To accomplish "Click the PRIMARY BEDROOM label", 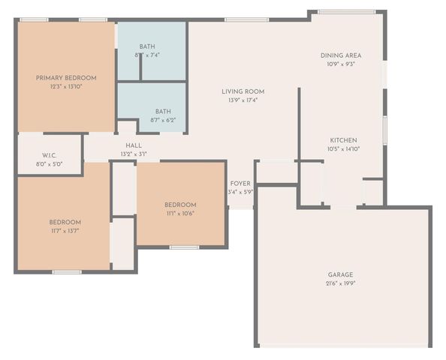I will [66, 78].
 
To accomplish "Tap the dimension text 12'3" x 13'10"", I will [66, 87].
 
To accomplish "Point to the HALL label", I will [134, 145].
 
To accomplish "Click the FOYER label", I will [240, 183].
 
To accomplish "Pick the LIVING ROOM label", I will [243, 91].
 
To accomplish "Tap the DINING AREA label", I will [342, 55].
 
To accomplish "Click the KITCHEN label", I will [343, 140].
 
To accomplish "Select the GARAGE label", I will [340, 274].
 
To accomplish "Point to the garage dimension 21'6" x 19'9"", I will [340, 283].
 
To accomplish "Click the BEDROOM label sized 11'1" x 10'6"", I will [180, 205].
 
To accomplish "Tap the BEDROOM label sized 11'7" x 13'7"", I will [65, 222].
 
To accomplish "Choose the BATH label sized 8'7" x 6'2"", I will [163, 111].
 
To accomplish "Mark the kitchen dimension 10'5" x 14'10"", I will [343, 149].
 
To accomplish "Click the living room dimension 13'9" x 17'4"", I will [243, 100].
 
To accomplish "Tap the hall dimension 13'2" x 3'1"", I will [134, 154].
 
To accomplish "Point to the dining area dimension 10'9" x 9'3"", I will [342, 64].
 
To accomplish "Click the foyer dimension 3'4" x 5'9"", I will [240, 192].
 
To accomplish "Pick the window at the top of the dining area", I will [347, 11].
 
